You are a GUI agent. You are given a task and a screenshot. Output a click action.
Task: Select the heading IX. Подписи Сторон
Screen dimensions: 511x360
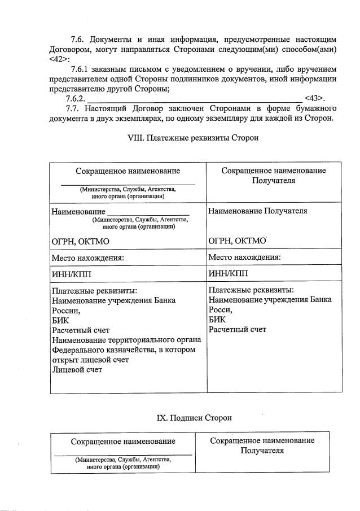click(x=194, y=418)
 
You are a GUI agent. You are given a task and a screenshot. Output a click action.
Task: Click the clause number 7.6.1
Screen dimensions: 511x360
click(x=80, y=69)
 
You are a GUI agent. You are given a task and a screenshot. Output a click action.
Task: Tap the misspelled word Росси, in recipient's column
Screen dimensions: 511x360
click(x=220, y=310)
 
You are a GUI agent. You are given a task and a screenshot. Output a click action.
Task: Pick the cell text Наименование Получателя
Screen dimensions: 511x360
click(x=257, y=211)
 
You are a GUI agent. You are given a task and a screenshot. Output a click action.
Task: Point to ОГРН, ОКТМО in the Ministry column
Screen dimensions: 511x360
click(x=80, y=242)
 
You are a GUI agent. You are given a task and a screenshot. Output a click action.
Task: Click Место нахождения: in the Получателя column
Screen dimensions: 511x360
click(x=244, y=257)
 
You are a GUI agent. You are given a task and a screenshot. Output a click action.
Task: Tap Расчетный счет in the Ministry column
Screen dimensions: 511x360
click(x=80, y=330)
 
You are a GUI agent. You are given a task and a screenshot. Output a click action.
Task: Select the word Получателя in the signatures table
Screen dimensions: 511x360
click(x=262, y=451)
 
